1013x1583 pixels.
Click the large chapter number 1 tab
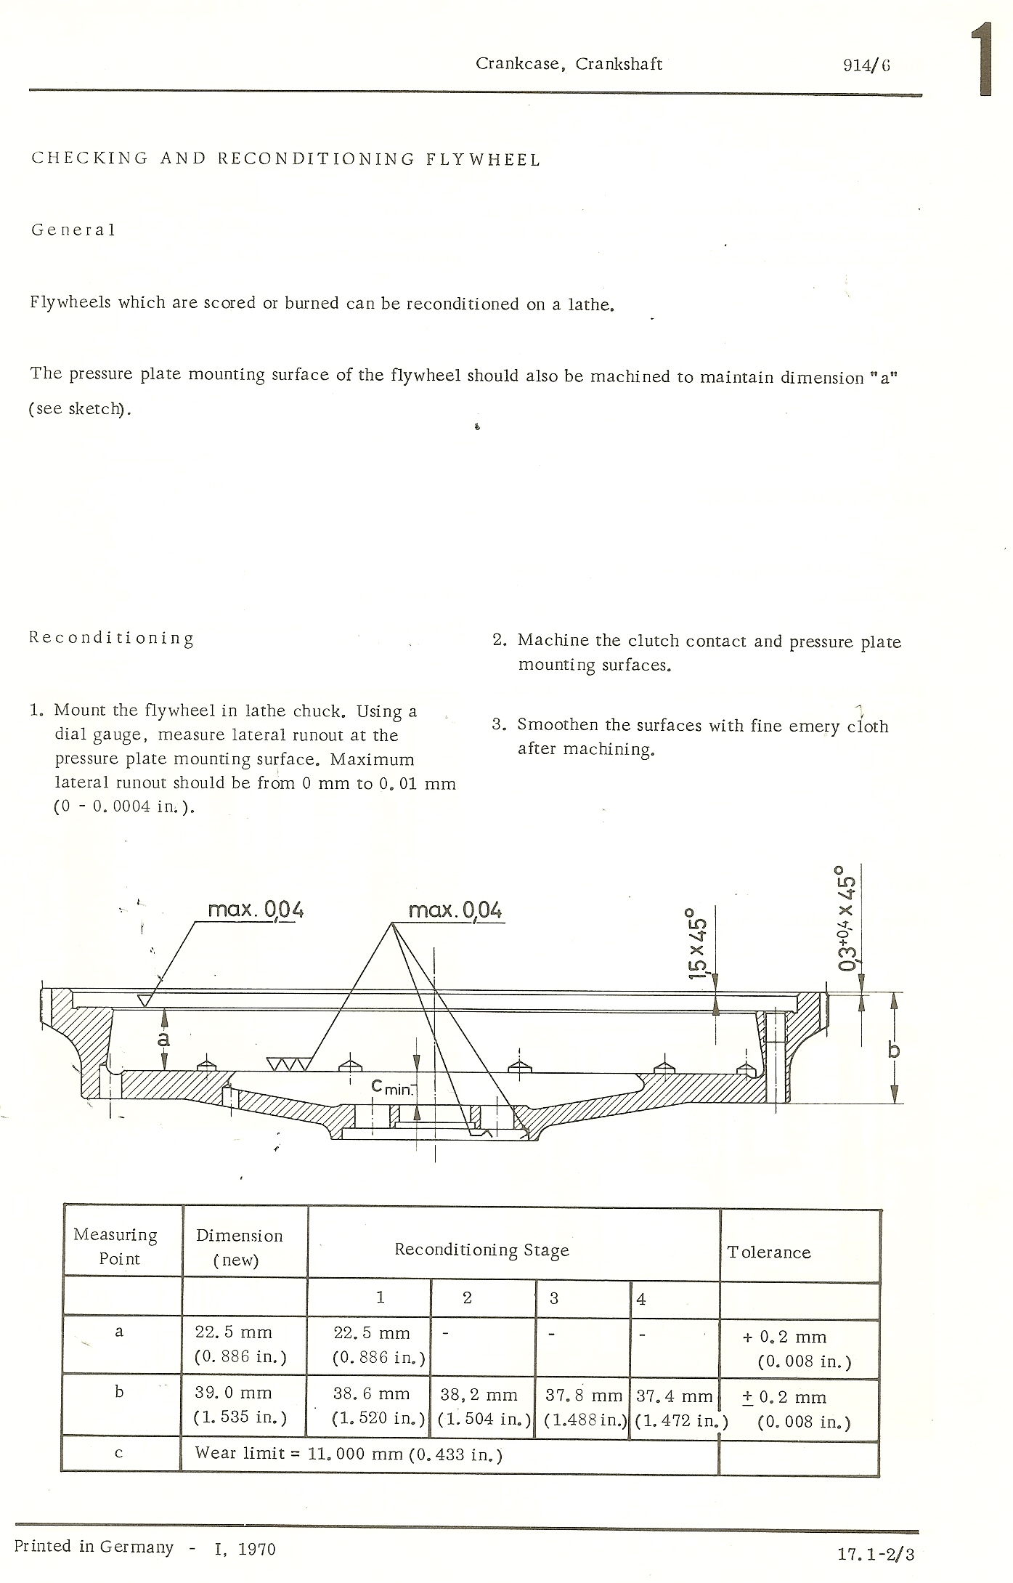coord(984,60)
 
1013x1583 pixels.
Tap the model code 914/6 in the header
coord(866,65)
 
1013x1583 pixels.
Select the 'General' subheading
coord(73,230)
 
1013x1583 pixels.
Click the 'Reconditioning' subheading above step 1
coord(112,639)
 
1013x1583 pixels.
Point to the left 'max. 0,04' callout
coord(255,910)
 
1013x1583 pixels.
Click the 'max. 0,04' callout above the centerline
coord(455,910)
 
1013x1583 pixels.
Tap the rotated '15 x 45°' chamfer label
coord(698,942)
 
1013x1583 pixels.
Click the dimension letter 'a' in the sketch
coord(164,1040)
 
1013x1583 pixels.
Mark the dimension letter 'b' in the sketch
coord(894,1049)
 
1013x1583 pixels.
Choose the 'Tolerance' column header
coord(769,1252)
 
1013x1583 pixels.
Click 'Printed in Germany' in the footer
coord(94,1547)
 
